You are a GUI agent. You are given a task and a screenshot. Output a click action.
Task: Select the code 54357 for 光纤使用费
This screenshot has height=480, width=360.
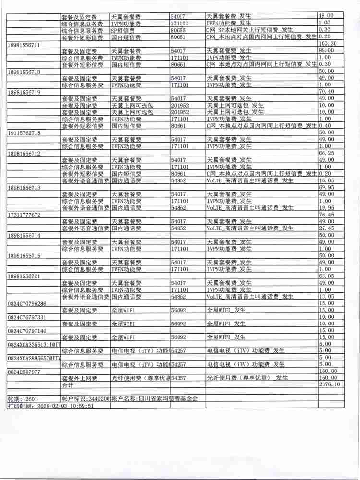(x=178, y=378)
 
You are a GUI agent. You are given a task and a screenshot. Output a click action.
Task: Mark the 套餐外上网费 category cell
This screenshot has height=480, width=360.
(x=80, y=378)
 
